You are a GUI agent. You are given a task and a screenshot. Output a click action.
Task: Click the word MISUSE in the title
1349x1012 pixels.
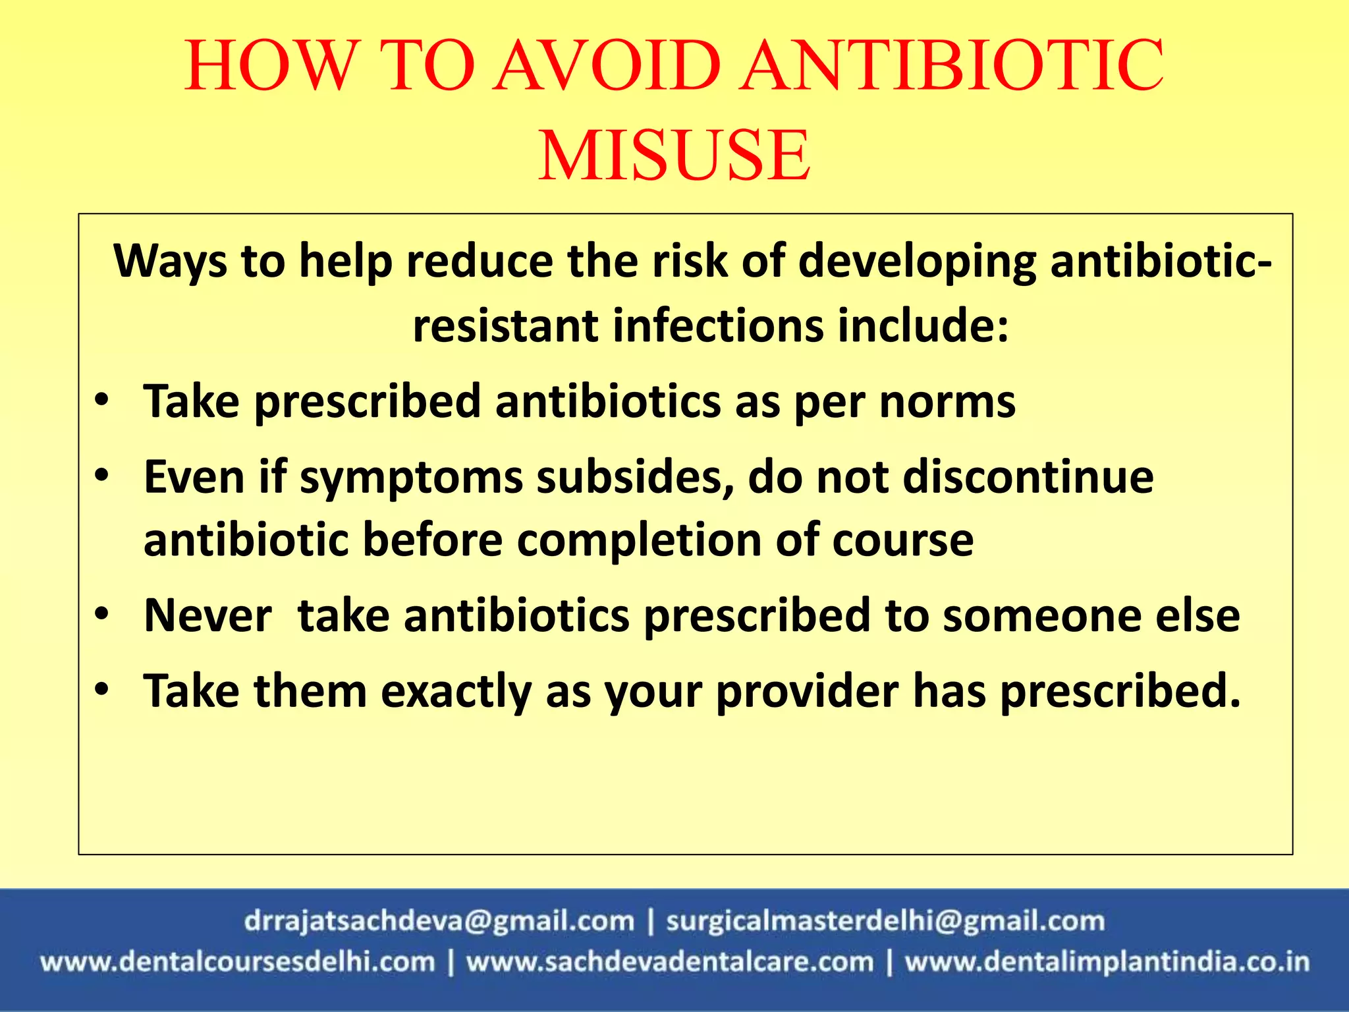point(674,155)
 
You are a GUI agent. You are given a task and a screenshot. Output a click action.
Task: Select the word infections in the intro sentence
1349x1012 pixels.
point(718,325)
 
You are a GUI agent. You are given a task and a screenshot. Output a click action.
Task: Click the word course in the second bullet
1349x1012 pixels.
point(902,540)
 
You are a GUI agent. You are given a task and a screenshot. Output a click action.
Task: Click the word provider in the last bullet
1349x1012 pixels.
point(807,692)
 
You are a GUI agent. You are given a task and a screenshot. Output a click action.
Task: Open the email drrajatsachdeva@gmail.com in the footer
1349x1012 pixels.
point(439,921)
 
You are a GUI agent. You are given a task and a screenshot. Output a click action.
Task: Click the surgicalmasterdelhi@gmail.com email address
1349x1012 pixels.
point(885,921)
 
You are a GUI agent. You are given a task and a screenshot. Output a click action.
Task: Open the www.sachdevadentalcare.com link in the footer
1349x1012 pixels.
point(670,963)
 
